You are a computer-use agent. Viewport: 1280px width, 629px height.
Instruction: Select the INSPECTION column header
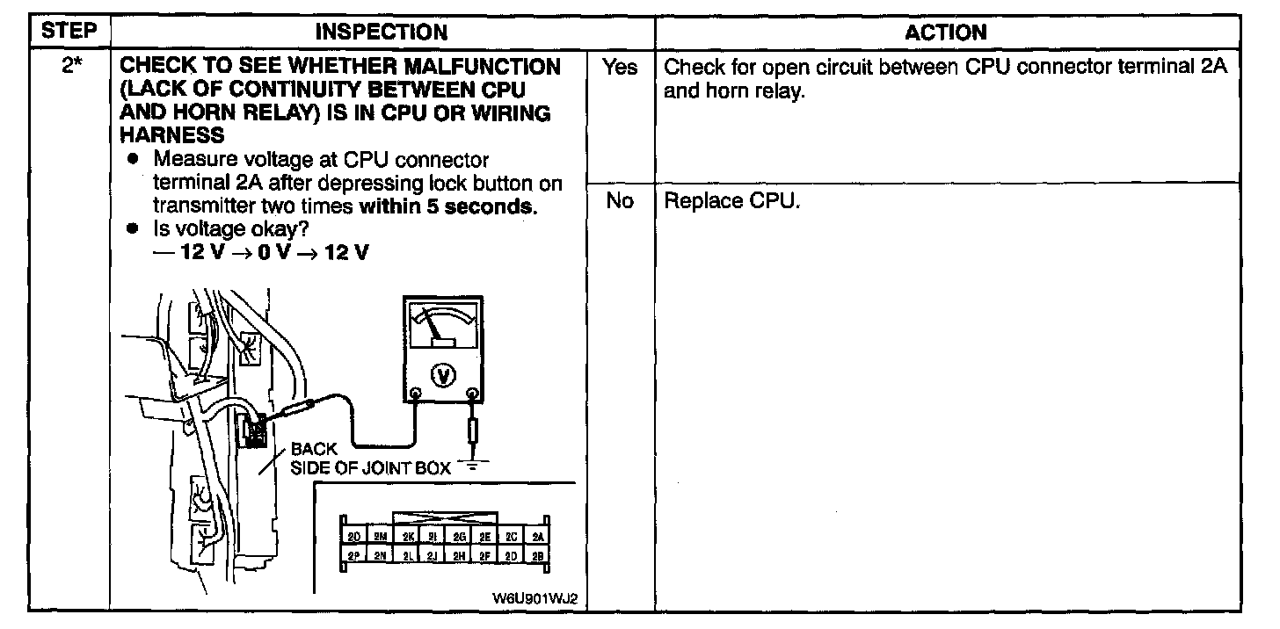(x=381, y=33)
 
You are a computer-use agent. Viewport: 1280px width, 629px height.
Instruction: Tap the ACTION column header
(x=946, y=33)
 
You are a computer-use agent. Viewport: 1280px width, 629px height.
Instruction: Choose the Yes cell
(x=621, y=68)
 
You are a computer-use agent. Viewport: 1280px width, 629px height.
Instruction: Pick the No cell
(x=620, y=201)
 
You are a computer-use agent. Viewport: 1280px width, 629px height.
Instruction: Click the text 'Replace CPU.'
(x=731, y=201)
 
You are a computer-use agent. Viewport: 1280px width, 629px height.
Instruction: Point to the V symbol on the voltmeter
(x=445, y=375)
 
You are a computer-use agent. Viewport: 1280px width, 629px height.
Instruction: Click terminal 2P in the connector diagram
(x=353, y=555)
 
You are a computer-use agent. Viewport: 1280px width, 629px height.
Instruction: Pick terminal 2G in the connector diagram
(x=460, y=537)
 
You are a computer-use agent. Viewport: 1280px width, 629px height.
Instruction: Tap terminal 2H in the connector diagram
(x=460, y=555)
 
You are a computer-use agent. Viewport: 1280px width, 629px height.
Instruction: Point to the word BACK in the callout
(x=314, y=450)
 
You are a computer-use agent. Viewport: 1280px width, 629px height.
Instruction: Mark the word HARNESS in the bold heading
(x=171, y=134)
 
